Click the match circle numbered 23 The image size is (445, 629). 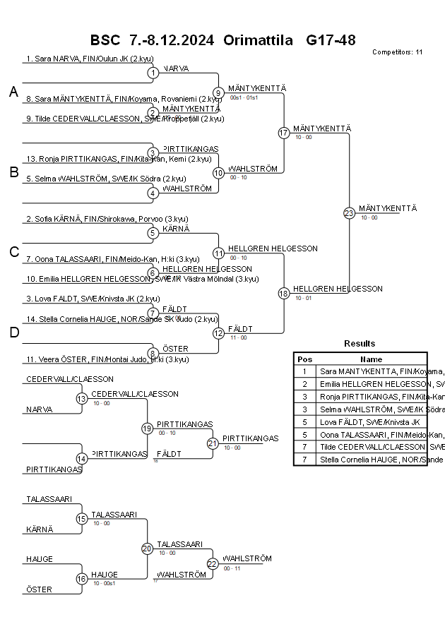tap(349, 213)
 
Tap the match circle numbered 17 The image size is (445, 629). tap(284, 133)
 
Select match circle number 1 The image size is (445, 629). tap(153, 73)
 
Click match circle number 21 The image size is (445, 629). tap(213, 443)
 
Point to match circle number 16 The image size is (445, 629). tap(81, 580)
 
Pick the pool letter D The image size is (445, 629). tap(13, 333)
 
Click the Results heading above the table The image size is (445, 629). tap(360, 344)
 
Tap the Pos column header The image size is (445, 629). tap(304, 359)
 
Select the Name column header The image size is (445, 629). tap(371, 359)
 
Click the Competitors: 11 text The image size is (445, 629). tap(397, 52)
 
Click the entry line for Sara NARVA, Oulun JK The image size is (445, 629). tap(90, 59)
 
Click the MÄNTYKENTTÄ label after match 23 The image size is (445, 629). tap(388, 208)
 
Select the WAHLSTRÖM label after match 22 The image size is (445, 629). tap(247, 558)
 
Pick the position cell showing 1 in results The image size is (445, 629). tap(304, 371)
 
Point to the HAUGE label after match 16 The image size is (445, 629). tap(105, 575)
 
